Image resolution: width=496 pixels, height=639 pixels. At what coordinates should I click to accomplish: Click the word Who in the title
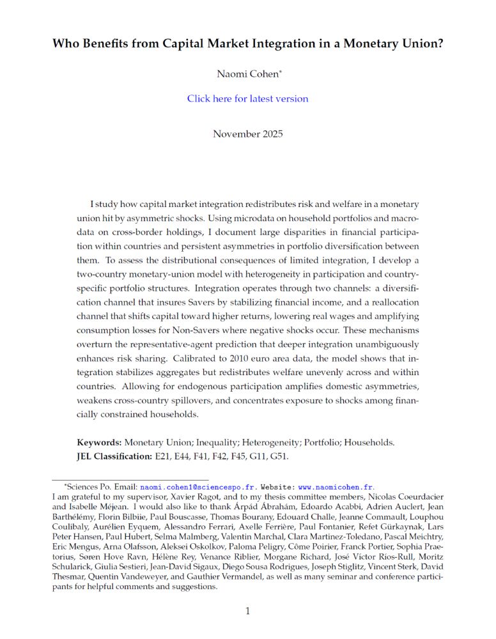[x=66, y=44]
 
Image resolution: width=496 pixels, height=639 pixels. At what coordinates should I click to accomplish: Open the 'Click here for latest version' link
[x=247, y=98]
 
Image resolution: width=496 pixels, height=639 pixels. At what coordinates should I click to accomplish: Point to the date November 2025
[x=247, y=134]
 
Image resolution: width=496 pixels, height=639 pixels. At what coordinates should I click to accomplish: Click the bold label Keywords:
[x=99, y=442]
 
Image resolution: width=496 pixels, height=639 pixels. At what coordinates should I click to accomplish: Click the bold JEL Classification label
[x=114, y=456]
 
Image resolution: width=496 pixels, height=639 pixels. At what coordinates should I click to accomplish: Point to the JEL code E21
[x=165, y=456]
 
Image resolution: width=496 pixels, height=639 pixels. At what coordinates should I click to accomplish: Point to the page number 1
[x=248, y=611]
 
